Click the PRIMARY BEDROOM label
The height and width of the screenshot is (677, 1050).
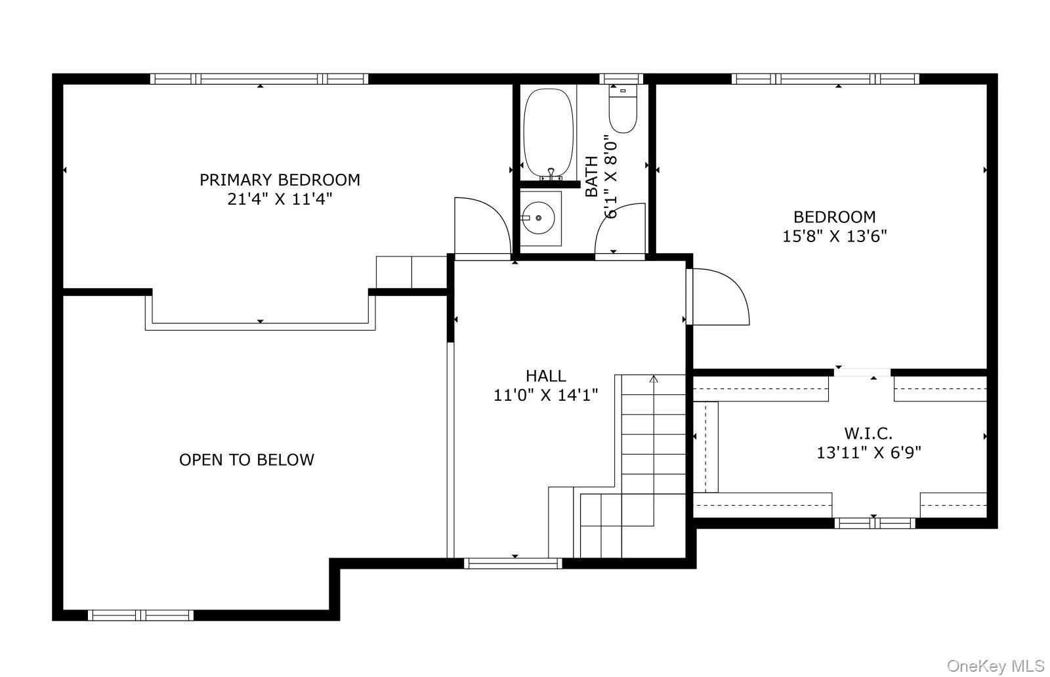point(280,180)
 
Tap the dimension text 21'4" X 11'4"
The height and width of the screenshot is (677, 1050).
point(280,199)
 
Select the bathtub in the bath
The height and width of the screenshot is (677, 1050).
point(549,131)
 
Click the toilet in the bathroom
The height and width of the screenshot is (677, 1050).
point(623,110)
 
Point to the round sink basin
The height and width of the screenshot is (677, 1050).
point(539,217)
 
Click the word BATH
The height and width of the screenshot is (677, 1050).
point(592,176)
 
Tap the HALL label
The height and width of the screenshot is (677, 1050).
point(545,376)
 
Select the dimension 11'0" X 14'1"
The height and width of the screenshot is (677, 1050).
point(545,395)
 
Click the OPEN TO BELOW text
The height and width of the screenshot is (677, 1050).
point(247,460)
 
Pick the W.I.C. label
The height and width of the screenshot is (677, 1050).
point(868,434)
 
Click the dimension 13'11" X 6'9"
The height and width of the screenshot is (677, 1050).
point(868,453)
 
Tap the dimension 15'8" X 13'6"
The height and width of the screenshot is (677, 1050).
point(834,236)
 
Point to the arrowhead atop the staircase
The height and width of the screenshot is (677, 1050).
point(654,379)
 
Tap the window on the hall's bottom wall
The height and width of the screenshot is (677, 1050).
point(513,563)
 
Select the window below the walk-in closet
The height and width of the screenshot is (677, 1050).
point(874,523)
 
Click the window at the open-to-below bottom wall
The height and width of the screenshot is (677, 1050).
point(140,615)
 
